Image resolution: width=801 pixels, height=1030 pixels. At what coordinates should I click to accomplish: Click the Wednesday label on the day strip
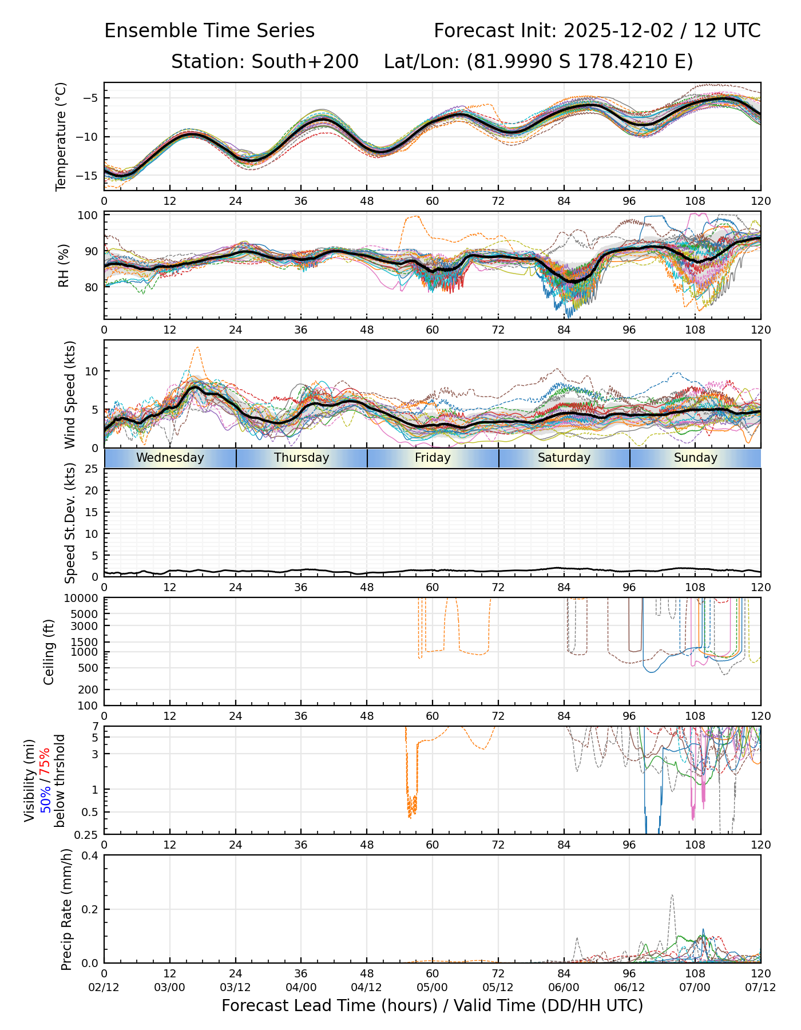170,458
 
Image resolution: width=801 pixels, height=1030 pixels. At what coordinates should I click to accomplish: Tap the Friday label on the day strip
433,458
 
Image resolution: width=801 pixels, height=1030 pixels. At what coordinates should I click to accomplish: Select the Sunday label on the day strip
695,458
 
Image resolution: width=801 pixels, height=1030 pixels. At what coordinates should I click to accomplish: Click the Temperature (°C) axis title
61,136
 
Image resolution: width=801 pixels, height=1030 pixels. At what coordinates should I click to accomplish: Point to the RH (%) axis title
64,265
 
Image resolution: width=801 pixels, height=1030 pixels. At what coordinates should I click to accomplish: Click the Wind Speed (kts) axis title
70,394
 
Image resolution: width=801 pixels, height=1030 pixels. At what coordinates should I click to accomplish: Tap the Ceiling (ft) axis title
49,652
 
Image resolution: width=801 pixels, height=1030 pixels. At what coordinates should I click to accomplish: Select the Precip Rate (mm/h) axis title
67,909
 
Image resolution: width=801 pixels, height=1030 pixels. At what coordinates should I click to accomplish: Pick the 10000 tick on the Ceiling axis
83,599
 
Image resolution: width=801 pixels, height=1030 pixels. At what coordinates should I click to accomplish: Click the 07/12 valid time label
760,987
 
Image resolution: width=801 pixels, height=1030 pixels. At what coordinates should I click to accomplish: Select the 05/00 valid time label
432,987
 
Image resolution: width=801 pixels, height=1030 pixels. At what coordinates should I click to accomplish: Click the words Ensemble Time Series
209,31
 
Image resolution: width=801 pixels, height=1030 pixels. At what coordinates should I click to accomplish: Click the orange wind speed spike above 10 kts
197,347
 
